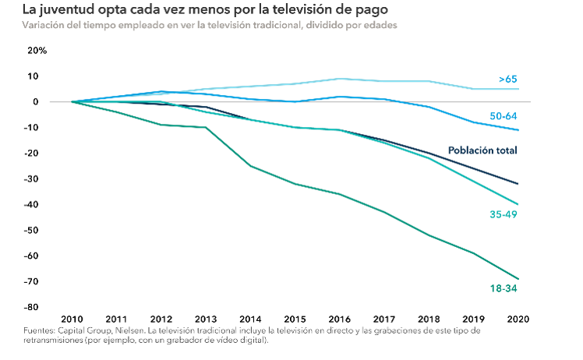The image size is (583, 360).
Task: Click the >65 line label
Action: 508,79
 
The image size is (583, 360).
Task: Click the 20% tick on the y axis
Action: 37,51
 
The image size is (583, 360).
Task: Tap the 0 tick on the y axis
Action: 44,102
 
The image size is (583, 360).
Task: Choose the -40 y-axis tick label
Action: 40,205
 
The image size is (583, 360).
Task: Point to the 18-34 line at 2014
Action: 249,166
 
